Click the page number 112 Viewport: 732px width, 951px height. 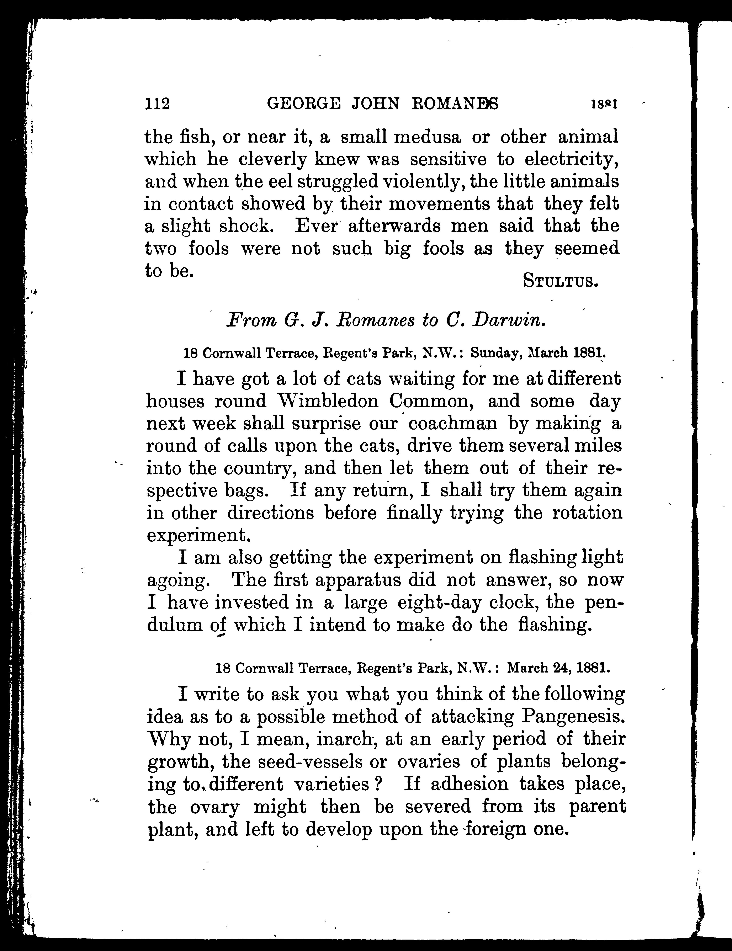[x=157, y=104]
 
